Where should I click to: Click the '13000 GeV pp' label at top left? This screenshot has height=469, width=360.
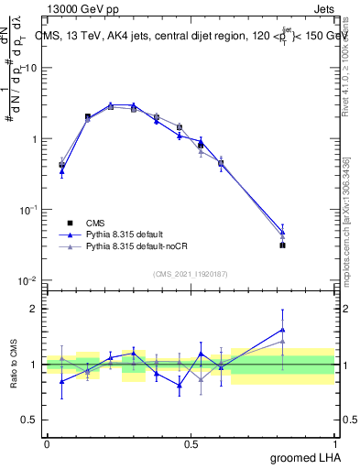tap(78, 7)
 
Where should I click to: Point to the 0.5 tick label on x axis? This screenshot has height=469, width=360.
tap(191, 442)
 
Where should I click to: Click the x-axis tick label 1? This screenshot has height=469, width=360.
tap(334, 442)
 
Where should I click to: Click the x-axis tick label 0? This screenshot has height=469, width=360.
tap(47, 442)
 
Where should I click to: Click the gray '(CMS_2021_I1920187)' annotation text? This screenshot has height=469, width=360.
tap(191, 273)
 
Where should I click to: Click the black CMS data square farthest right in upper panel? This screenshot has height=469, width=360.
tap(283, 245)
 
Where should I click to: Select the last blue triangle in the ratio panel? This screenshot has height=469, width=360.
tap(283, 330)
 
